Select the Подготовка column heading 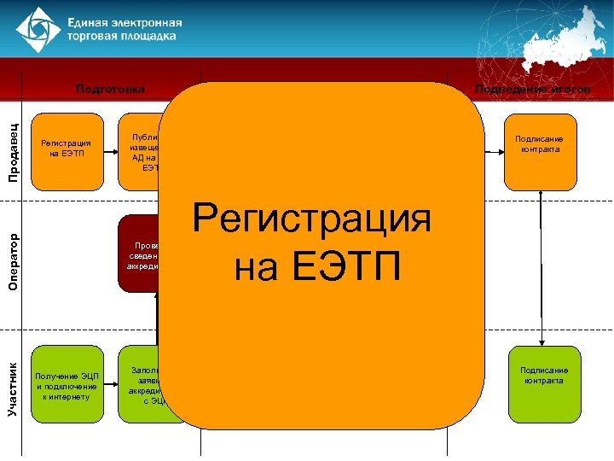pos(110,89)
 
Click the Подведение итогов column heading pos(533,89)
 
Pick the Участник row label pos(14,388)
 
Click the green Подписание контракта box pos(544,382)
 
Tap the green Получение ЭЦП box pos(66,385)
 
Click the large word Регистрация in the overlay pos(312,219)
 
